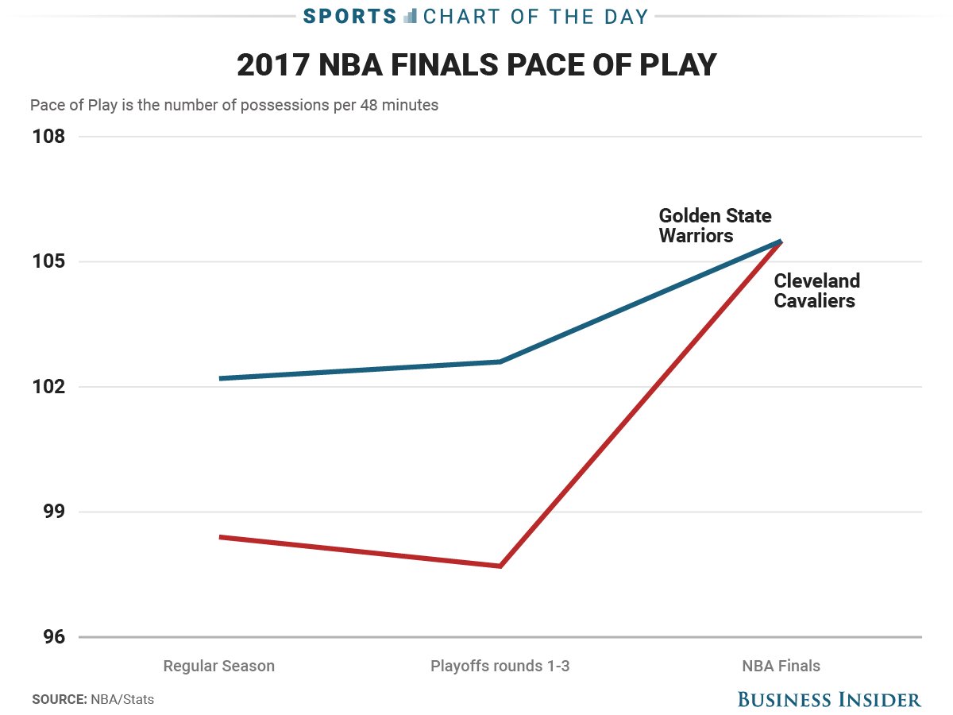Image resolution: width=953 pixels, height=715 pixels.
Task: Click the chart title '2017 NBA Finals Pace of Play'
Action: (x=476, y=66)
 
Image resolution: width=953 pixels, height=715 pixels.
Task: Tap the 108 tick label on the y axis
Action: (x=49, y=137)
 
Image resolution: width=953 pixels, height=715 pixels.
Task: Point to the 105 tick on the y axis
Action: (x=49, y=262)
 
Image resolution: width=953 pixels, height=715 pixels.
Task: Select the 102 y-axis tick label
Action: (x=49, y=387)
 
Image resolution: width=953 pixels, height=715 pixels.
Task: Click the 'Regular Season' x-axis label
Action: (x=218, y=666)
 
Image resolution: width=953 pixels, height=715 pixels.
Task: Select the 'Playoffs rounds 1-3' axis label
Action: (x=500, y=666)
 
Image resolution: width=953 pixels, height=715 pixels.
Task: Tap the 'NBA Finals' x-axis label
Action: (x=781, y=666)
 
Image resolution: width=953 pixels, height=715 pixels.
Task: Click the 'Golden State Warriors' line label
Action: (x=715, y=226)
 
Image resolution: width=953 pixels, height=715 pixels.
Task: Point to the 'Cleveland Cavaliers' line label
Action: (x=816, y=291)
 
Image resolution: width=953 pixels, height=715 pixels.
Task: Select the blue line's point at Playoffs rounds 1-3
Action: (x=500, y=361)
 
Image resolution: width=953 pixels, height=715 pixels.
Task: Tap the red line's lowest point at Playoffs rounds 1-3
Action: (x=500, y=566)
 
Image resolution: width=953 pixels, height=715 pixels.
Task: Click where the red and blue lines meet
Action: (x=781, y=242)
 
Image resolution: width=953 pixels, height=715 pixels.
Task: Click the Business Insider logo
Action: (x=829, y=699)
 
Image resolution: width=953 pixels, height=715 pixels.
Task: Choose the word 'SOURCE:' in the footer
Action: (x=59, y=700)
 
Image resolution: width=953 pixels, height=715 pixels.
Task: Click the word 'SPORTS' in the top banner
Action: (x=350, y=16)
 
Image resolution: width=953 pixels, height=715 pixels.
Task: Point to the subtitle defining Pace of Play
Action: (x=234, y=105)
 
